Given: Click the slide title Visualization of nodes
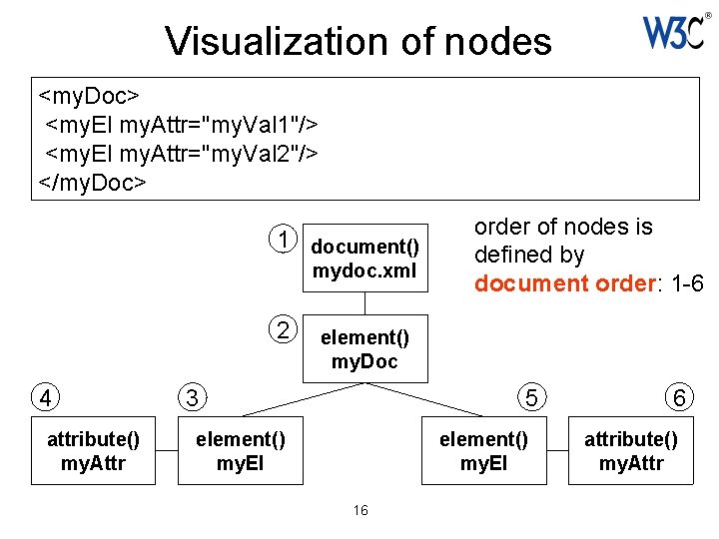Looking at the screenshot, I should click(x=358, y=41).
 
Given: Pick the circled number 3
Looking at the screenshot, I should click(x=190, y=397).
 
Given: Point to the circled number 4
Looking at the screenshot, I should click(x=45, y=397).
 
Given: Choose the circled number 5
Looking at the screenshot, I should click(x=533, y=397).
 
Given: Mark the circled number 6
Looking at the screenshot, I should click(x=679, y=397).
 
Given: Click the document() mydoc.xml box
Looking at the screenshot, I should click(x=364, y=258).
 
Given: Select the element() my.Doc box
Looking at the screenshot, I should click(x=364, y=348).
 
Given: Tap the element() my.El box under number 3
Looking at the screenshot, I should click(x=240, y=450).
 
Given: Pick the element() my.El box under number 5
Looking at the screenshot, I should click(x=484, y=450).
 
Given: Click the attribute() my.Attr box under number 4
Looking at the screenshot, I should click(x=93, y=450).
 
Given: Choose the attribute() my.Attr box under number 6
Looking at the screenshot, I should click(x=631, y=450).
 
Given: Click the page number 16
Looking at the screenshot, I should click(x=360, y=510).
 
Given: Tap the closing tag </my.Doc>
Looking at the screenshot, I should click(x=92, y=182).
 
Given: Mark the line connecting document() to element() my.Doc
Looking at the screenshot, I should click(x=364, y=301).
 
